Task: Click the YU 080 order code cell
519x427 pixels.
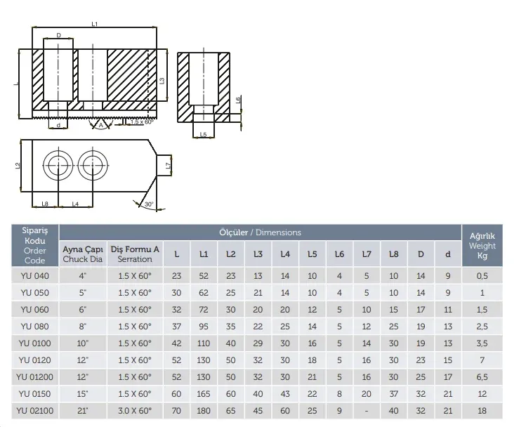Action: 34,327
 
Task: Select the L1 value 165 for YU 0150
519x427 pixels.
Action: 204,394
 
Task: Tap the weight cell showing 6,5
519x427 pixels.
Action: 482,377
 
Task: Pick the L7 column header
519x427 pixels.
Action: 367,254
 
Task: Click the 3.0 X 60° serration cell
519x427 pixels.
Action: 135,411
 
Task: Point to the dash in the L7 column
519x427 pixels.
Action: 367,411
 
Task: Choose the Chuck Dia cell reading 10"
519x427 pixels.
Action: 82,343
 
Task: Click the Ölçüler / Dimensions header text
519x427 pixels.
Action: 260,232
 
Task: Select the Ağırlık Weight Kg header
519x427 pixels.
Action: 482,246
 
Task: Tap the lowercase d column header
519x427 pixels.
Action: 448,254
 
